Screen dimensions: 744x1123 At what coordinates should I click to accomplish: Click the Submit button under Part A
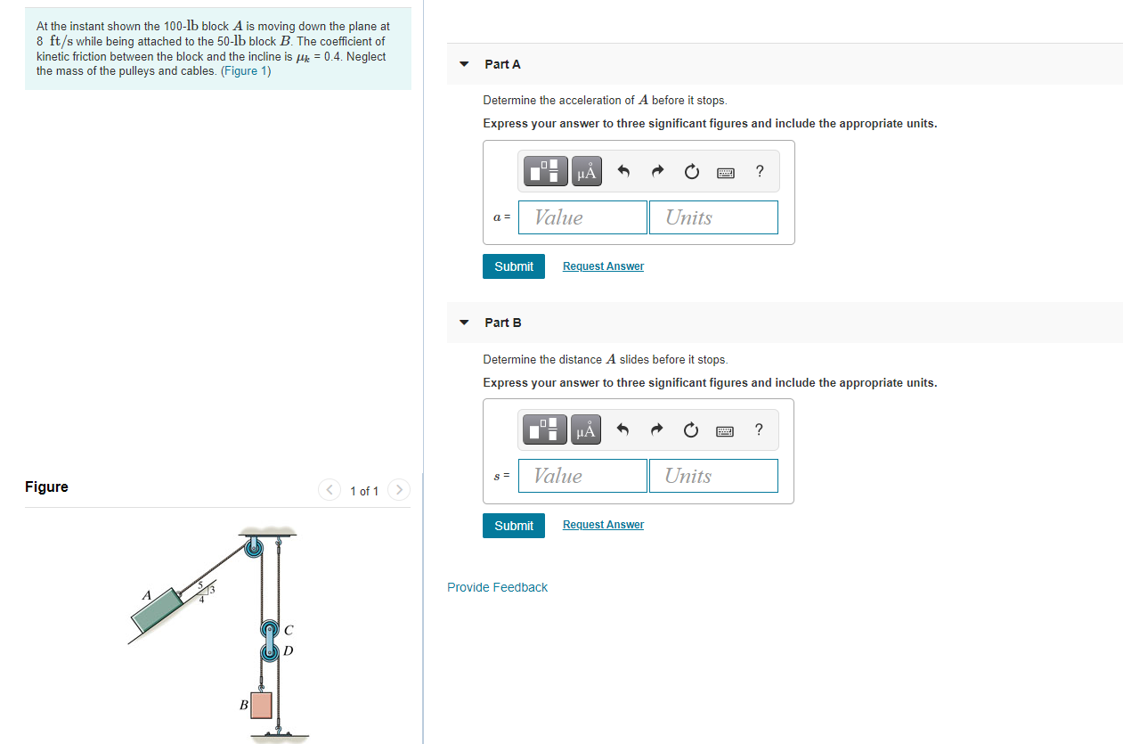(514, 266)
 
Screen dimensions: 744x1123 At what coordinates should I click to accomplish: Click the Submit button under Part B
(514, 526)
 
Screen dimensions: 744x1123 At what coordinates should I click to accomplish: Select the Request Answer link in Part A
(603, 266)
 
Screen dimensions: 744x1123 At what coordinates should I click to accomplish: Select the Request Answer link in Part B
(603, 525)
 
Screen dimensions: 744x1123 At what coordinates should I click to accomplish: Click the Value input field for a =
(582, 217)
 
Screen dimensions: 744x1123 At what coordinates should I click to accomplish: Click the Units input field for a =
(713, 217)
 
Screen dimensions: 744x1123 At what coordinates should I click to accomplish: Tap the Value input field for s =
(582, 476)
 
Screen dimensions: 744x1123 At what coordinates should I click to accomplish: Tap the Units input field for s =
(713, 476)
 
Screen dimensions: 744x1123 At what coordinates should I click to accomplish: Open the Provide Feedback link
(497, 587)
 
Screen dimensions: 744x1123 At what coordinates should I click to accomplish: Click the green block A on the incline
(158, 612)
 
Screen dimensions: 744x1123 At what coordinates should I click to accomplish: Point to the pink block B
(261, 705)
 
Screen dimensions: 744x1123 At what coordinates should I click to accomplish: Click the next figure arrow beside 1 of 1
(400, 490)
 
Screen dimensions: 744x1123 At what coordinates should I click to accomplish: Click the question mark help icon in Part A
(759, 172)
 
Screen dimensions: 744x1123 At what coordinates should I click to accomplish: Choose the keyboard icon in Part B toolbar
(724, 431)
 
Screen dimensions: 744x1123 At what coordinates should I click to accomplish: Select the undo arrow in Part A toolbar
(623, 172)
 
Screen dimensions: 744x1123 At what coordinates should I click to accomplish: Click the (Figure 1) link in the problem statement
(246, 70)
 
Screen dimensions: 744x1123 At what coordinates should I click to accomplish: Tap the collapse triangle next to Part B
(463, 323)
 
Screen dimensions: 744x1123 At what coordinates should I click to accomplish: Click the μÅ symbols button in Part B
(585, 431)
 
